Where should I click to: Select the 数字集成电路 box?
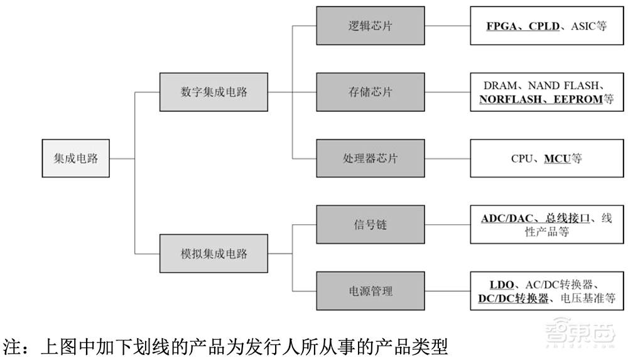click(x=214, y=92)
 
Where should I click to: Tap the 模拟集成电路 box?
click(x=214, y=254)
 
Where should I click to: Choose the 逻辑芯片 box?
click(x=370, y=26)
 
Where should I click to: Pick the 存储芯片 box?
click(x=370, y=92)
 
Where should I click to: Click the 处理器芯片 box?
click(x=370, y=158)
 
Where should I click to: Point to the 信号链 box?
click(x=370, y=224)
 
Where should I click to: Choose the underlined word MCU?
click(x=556, y=159)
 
